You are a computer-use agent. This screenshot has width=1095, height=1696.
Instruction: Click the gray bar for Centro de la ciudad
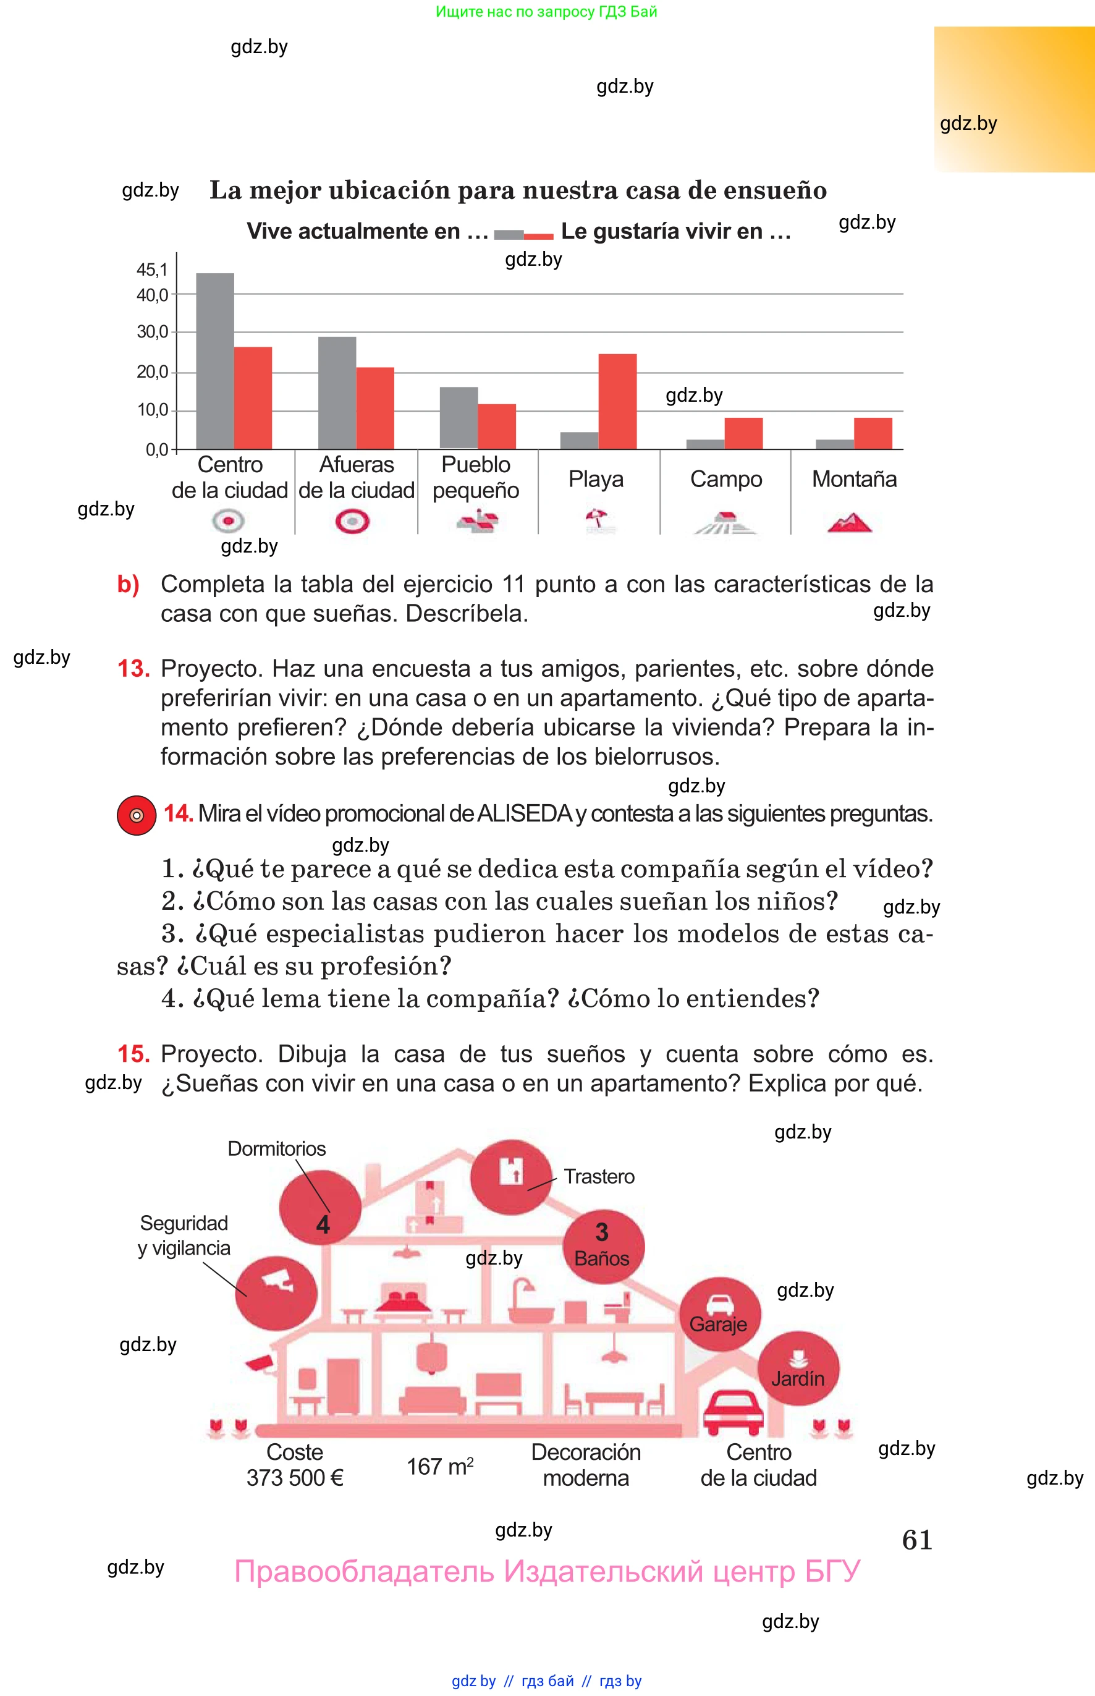[214, 360]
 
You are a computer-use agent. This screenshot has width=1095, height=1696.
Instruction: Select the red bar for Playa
[617, 401]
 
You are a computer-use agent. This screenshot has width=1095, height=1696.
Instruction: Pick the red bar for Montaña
[873, 433]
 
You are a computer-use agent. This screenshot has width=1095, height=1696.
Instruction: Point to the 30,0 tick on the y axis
[174, 332]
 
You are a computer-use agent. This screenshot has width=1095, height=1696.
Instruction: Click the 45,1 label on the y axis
[152, 269]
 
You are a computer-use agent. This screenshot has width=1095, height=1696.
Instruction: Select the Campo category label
[726, 479]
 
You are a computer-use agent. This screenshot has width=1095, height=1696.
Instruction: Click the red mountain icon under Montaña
[849, 523]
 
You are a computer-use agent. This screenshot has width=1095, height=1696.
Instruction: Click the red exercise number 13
[133, 668]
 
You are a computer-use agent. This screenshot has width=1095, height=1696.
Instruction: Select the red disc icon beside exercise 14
[137, 815]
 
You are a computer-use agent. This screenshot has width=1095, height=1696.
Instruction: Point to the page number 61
[917, 1540]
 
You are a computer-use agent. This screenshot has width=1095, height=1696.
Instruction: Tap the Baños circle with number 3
[603, 1246]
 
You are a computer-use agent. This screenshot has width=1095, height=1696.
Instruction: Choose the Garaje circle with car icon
[719, 1314]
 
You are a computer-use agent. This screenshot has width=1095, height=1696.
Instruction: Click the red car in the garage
[733, 1412]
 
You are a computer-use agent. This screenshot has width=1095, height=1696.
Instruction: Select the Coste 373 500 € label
[295, 1465]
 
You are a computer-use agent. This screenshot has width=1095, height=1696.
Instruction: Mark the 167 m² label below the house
[440, 1466]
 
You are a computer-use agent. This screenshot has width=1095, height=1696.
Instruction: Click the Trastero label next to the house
[599, 1177]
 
